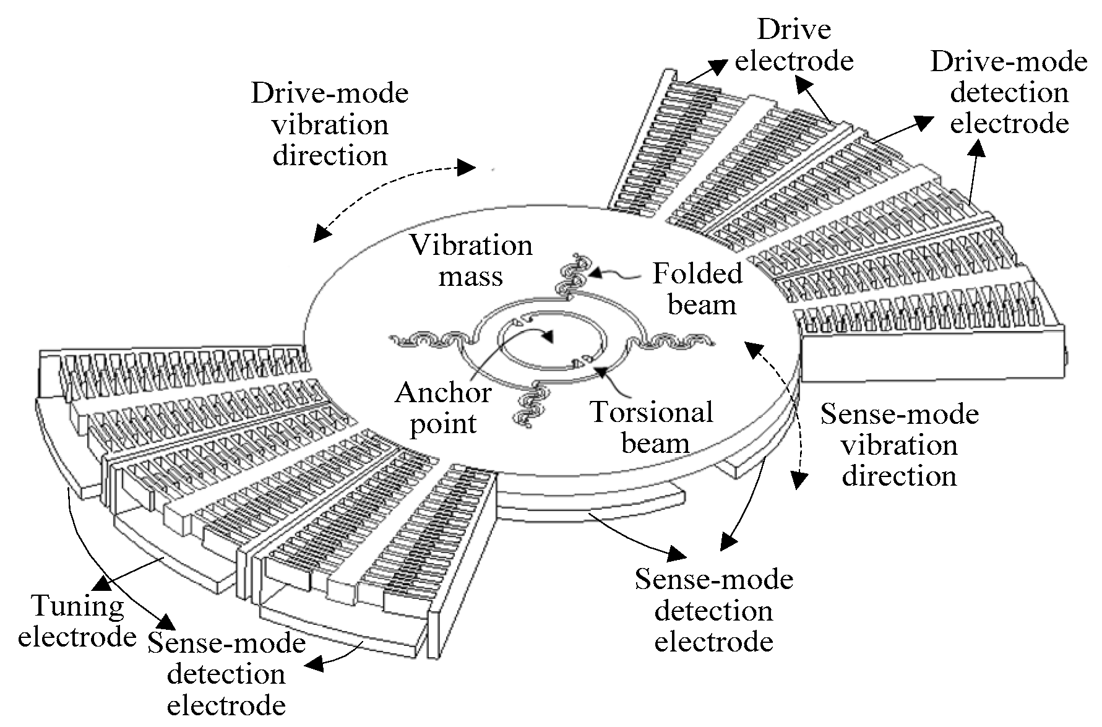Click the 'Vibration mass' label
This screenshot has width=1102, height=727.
click(471, 260)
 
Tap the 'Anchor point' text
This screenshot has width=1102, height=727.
click(443, 408)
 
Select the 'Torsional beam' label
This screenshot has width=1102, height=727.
click(652, 428)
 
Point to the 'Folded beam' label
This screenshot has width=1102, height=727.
click(699, 289)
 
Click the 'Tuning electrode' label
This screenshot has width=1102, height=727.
click(77, 621)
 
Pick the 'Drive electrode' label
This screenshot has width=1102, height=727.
click(794, 45)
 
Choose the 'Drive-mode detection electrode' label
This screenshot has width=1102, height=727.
click(1009, 93)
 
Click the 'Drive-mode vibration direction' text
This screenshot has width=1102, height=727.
click(330, 124)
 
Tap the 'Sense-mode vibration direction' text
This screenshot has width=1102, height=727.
click(900, 445)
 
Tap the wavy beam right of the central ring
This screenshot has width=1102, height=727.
click(674, 340)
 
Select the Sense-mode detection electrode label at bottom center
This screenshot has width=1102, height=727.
click(713, 611)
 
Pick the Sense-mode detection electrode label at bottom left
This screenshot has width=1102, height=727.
click(226, 674)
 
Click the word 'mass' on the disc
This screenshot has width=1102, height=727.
click(471, 276)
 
